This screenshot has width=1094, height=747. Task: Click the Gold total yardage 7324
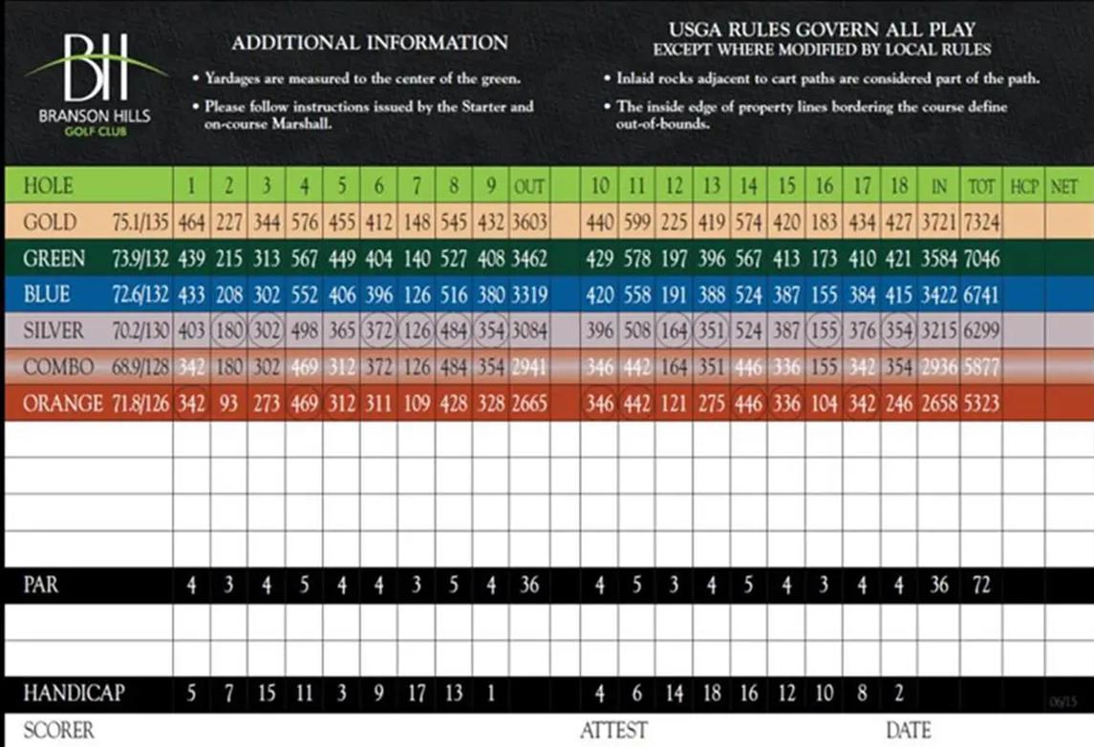coord(981,223)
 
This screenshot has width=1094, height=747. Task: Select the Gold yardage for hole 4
coord(304,223)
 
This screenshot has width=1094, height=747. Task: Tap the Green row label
coord(54,259)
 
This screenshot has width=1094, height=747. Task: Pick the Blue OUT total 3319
coord(529,295)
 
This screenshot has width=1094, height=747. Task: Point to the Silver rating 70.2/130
coord(139,331)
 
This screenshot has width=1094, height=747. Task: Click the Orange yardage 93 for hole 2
coord(229,404)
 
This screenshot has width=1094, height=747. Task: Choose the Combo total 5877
coord(981,368)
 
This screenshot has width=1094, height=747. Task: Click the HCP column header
coord(1024,186)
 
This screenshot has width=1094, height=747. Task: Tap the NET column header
coord(1064,186)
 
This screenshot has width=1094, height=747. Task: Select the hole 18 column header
coord(899,186)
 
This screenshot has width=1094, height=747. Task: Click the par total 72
coord(981,585)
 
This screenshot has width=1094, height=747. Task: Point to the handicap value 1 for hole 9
coord(491,694)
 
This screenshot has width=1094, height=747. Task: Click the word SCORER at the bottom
coord(59,732)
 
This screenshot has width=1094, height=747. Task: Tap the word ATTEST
coord(614,732)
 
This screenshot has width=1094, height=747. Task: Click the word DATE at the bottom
coord(909,732)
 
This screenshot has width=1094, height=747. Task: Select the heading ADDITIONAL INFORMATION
coord(370,43)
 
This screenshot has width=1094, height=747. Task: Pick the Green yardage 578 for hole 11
coord(637,259)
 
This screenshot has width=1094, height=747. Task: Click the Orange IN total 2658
coord(939,404)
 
